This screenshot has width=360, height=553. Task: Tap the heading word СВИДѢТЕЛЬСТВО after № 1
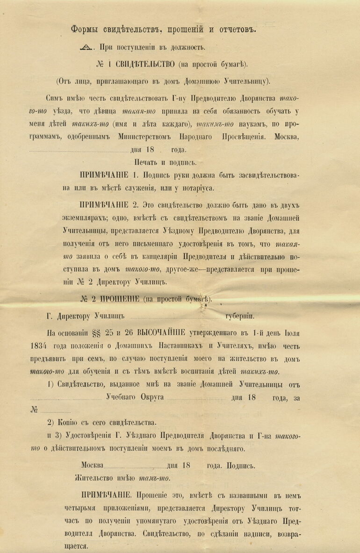pos(144,64)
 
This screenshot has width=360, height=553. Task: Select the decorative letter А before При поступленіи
pos(86,47)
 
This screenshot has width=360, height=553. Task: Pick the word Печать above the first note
pos(146,163)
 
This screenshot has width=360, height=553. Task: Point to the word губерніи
pos(240,316)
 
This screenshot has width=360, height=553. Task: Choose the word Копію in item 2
pos(67,423)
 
